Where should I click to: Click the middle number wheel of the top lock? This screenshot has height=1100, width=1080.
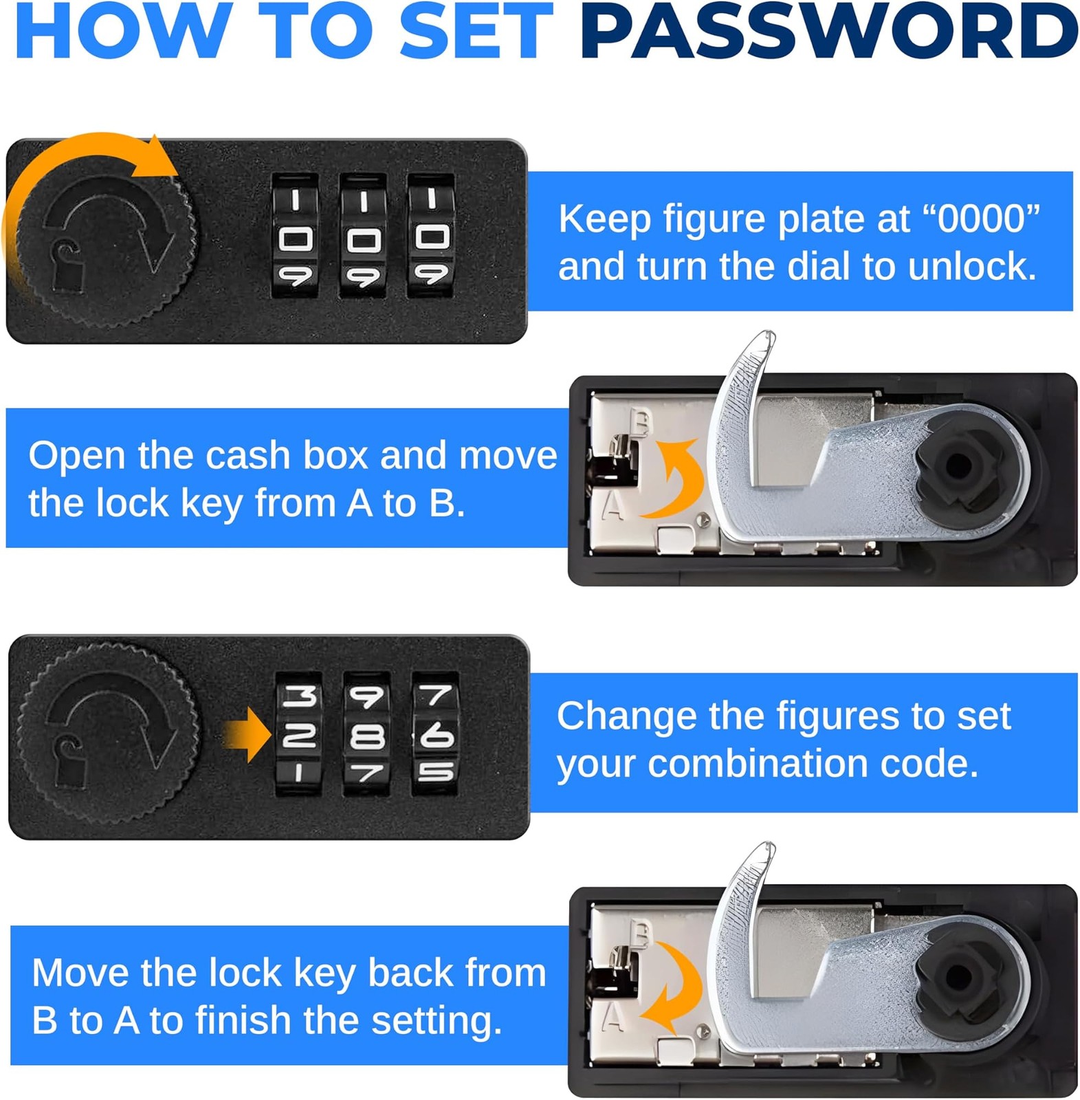pos(363,236)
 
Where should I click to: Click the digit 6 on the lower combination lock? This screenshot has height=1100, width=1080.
pos(437,736)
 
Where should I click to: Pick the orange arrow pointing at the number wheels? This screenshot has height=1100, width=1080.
pos(247,736)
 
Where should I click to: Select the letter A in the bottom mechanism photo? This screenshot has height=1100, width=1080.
pos(614,1017)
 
